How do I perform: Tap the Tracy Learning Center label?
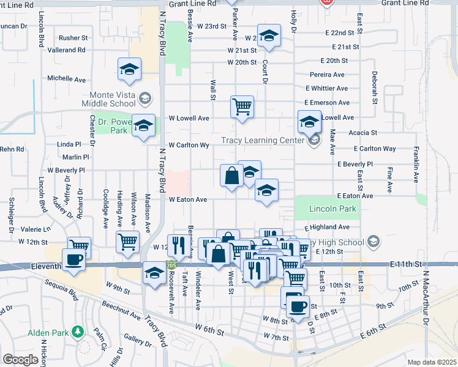(263, 141)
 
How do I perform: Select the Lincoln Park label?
(332, 209)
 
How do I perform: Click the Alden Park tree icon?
(78, 332)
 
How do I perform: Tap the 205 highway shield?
(171, 265)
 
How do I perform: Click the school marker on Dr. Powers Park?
(143, 126)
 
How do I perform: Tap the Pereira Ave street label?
(327, 75)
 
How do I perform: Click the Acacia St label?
(364, 132)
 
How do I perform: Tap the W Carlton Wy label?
(189, 146)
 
